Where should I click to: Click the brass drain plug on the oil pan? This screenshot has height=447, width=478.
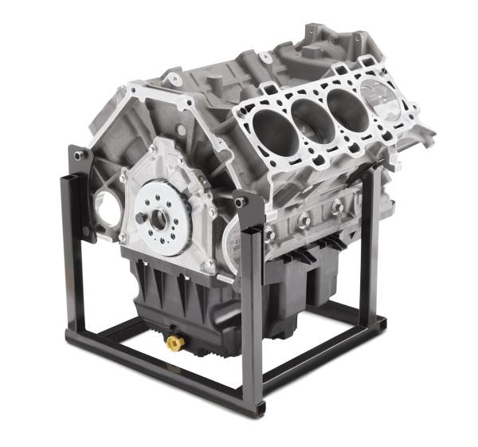click(174, 343)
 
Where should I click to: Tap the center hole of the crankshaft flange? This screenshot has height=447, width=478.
click(157, 217)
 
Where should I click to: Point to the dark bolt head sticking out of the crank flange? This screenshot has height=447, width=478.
click(141, 218)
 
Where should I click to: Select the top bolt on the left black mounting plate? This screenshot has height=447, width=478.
click(78, 155)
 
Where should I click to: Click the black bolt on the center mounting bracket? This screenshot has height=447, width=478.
click(241, 202)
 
